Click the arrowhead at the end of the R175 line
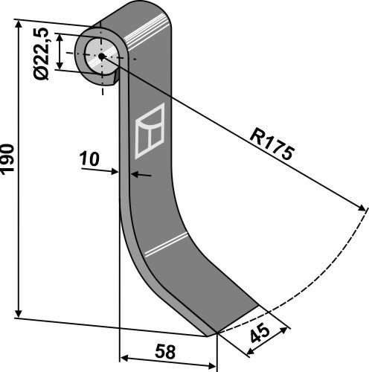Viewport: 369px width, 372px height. pos(362,205)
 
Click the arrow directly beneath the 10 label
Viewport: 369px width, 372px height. pos(113,171)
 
